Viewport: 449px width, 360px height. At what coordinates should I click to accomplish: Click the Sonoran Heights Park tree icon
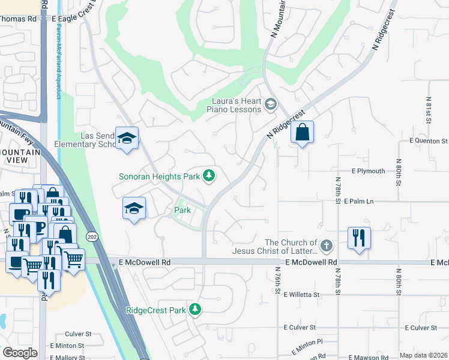coord(209,176)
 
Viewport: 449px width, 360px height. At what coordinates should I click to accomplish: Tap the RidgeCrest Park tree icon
coord(194,310)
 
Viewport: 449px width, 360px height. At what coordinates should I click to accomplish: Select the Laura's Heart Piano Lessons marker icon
coord(270,105)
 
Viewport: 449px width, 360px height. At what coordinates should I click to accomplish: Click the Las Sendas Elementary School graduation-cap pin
coord(127,139)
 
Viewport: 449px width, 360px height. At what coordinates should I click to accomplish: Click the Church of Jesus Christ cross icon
coord(326,245)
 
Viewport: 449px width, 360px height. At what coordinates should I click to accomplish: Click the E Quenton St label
coord(428,141)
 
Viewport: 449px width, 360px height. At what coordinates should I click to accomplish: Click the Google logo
coord(20,353)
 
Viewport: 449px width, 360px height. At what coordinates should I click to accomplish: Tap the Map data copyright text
coord(423,355)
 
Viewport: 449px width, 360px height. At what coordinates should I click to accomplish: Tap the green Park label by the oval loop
coord(182,210)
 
